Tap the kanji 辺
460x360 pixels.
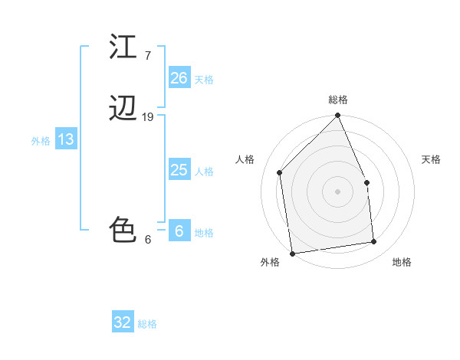click(x=124, y=110)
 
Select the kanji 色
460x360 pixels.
click(x=124, y=230)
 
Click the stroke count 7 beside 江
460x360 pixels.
click(x=148, y=55)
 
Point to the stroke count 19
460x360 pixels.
click(x=148, y=117)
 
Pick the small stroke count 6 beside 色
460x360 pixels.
click(x=148, y=239)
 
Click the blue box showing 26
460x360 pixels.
click(x=179, y=78)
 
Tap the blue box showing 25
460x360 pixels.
click(x=179, y=170)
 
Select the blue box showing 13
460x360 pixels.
click(x=65, y=139)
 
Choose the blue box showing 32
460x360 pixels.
click(x=123, y=322)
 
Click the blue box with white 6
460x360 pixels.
click(x=179, y=231)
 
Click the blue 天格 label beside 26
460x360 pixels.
click(x=204, y=80)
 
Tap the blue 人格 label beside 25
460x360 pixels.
click(x=204, y=172)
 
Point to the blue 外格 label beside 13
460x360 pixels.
click(x=41, y=141)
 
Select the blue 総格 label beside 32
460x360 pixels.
click(x=147, y=324)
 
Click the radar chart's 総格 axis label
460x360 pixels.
click(x=337, y=100)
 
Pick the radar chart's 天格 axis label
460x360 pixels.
click(x=431, y=159)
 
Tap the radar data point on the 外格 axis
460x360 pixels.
click(x=292, y=253)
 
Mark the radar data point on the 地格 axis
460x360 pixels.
click(x=374, y=242)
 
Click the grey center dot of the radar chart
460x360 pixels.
click(x=337, y=191)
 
